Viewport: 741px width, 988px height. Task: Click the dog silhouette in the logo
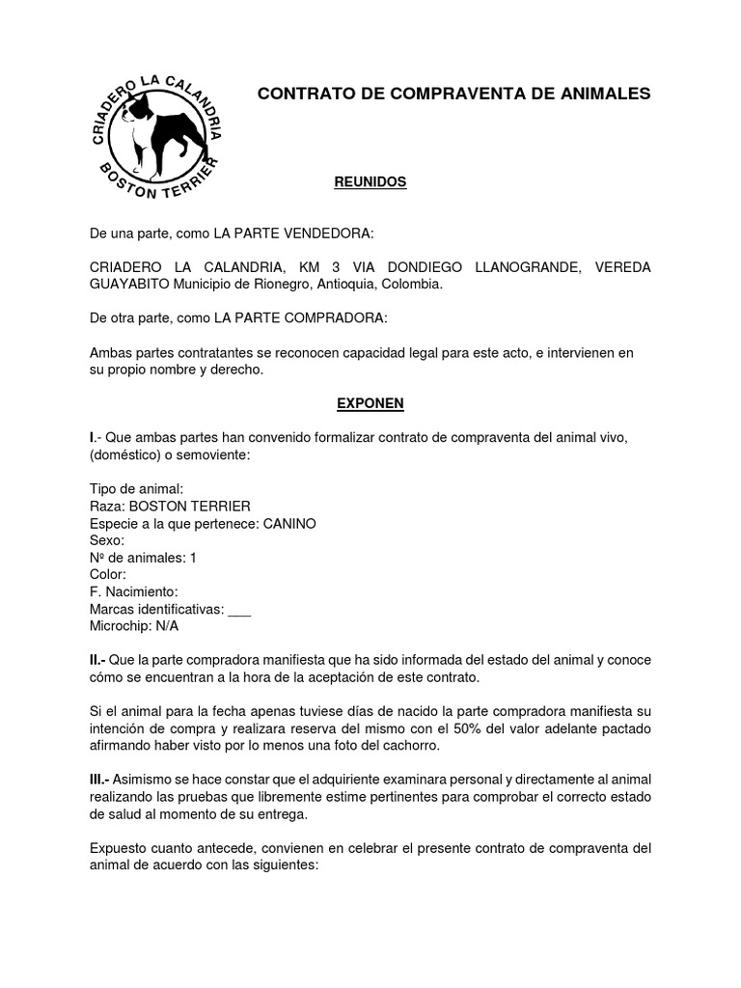[x=158, y=130]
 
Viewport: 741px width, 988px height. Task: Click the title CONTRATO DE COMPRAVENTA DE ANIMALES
[x=453, y=94]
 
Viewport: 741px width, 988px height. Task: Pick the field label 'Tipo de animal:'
[x=129, y=489]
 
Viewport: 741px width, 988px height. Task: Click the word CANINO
[x=289, y=523]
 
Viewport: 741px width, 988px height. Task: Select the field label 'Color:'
[x=108, y=574]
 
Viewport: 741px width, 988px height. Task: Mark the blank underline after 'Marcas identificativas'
[x=240, y=610]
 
